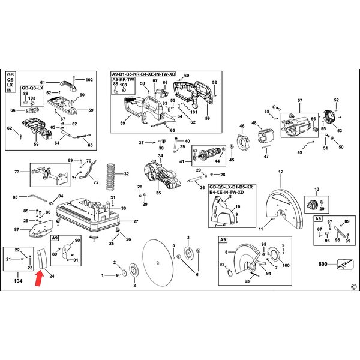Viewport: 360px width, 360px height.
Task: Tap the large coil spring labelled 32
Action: (x=110, y=175)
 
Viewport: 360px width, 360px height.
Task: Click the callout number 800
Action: (x=323, y=264)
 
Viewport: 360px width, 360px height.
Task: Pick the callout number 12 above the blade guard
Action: (x=280, y=173)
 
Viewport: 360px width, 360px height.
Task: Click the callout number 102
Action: (x=89, y=79)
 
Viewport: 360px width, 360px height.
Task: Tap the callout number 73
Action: (x=17, y=172)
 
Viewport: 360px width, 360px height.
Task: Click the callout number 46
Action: (x=242, y=127)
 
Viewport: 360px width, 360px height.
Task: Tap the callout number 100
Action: (x=286, y=265)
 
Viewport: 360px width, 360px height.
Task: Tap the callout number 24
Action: (x=52, y=277)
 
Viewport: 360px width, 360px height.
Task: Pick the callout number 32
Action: (x=126, y=174)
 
